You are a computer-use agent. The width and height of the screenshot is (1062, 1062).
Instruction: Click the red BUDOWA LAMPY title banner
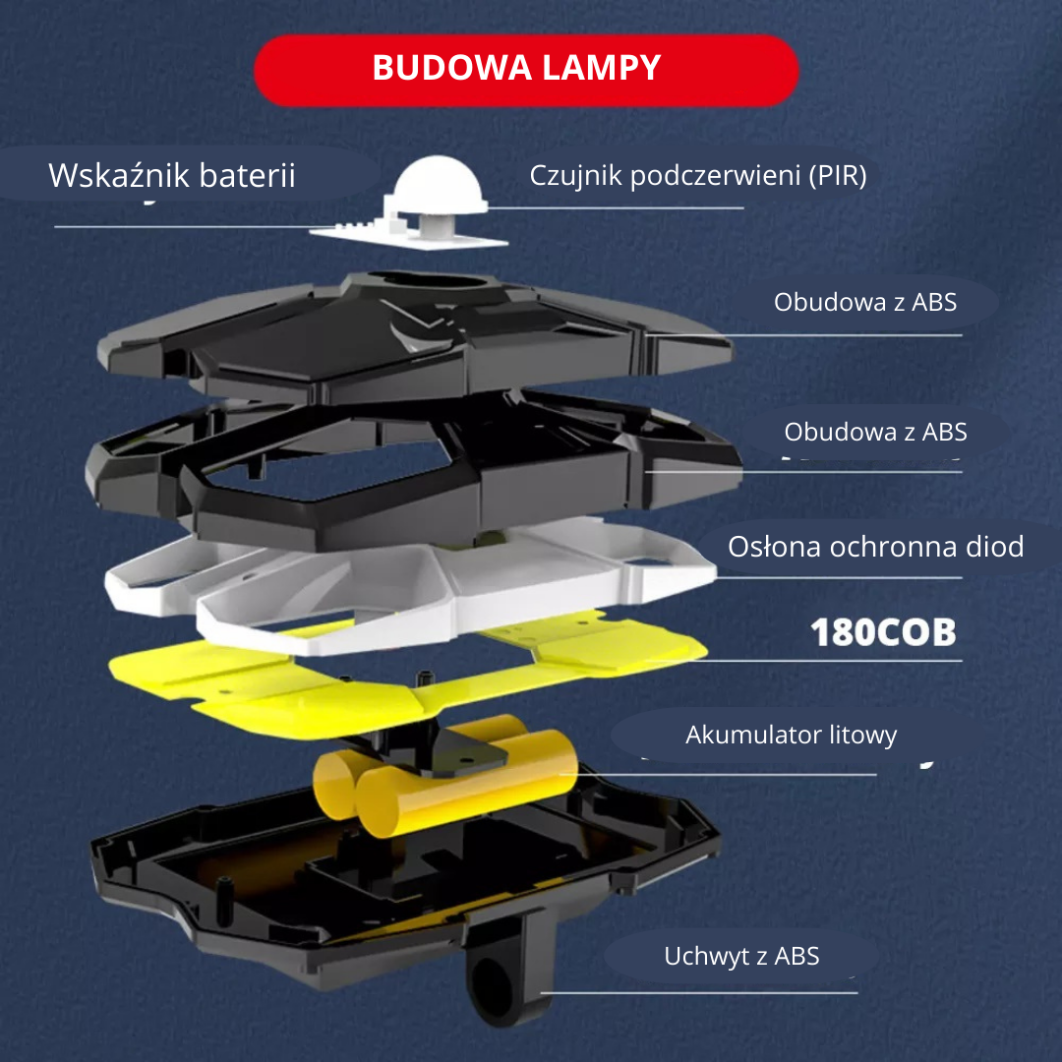(526, 69)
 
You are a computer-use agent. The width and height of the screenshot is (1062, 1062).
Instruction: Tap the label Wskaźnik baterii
(172, 176)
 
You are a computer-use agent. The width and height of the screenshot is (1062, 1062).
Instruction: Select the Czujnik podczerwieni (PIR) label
(698, 176)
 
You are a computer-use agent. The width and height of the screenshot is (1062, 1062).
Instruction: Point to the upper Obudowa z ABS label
(865, 302)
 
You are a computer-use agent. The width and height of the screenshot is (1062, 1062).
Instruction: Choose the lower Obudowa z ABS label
(875, 432)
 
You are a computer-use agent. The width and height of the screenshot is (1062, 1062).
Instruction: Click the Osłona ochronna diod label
(875, 547)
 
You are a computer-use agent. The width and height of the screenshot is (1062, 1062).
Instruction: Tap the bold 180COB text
(883, 632)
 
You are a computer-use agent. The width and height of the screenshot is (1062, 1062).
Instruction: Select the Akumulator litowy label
(791, 735)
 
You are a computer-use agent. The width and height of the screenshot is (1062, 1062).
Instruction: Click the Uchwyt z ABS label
(741, 956)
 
